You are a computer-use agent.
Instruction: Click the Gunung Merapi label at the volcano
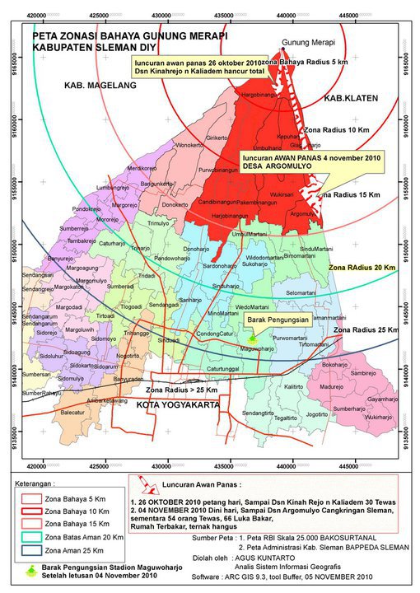click(x=306, y=42)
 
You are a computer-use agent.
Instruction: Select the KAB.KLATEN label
click(x=350, y=98)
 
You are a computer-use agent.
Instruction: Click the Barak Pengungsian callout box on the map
click(x=278, y=319)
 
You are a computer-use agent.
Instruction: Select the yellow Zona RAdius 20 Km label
click(x=362, y=268)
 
